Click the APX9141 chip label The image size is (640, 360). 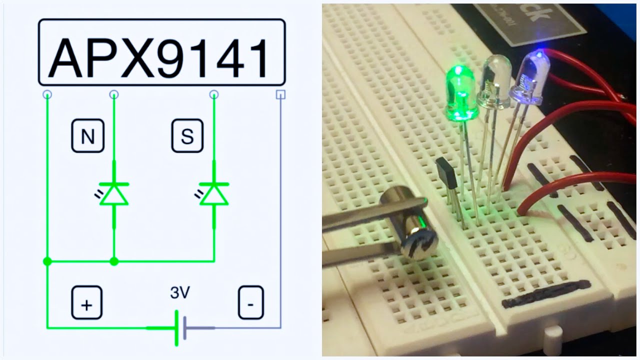click(161, 52)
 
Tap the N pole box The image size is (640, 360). click(87, 135)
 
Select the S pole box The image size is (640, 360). click(187, 135)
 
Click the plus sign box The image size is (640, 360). click(86, 302)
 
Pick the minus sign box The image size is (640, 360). click(250, 302)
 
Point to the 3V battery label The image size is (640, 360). click(179, 293)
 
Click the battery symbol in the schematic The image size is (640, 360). click(180, 328)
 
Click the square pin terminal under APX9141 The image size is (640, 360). click(281, 94)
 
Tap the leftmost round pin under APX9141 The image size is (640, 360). click(47, 94)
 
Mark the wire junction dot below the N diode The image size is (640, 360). click(114, 261)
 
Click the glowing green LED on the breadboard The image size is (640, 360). click(461, 95)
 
